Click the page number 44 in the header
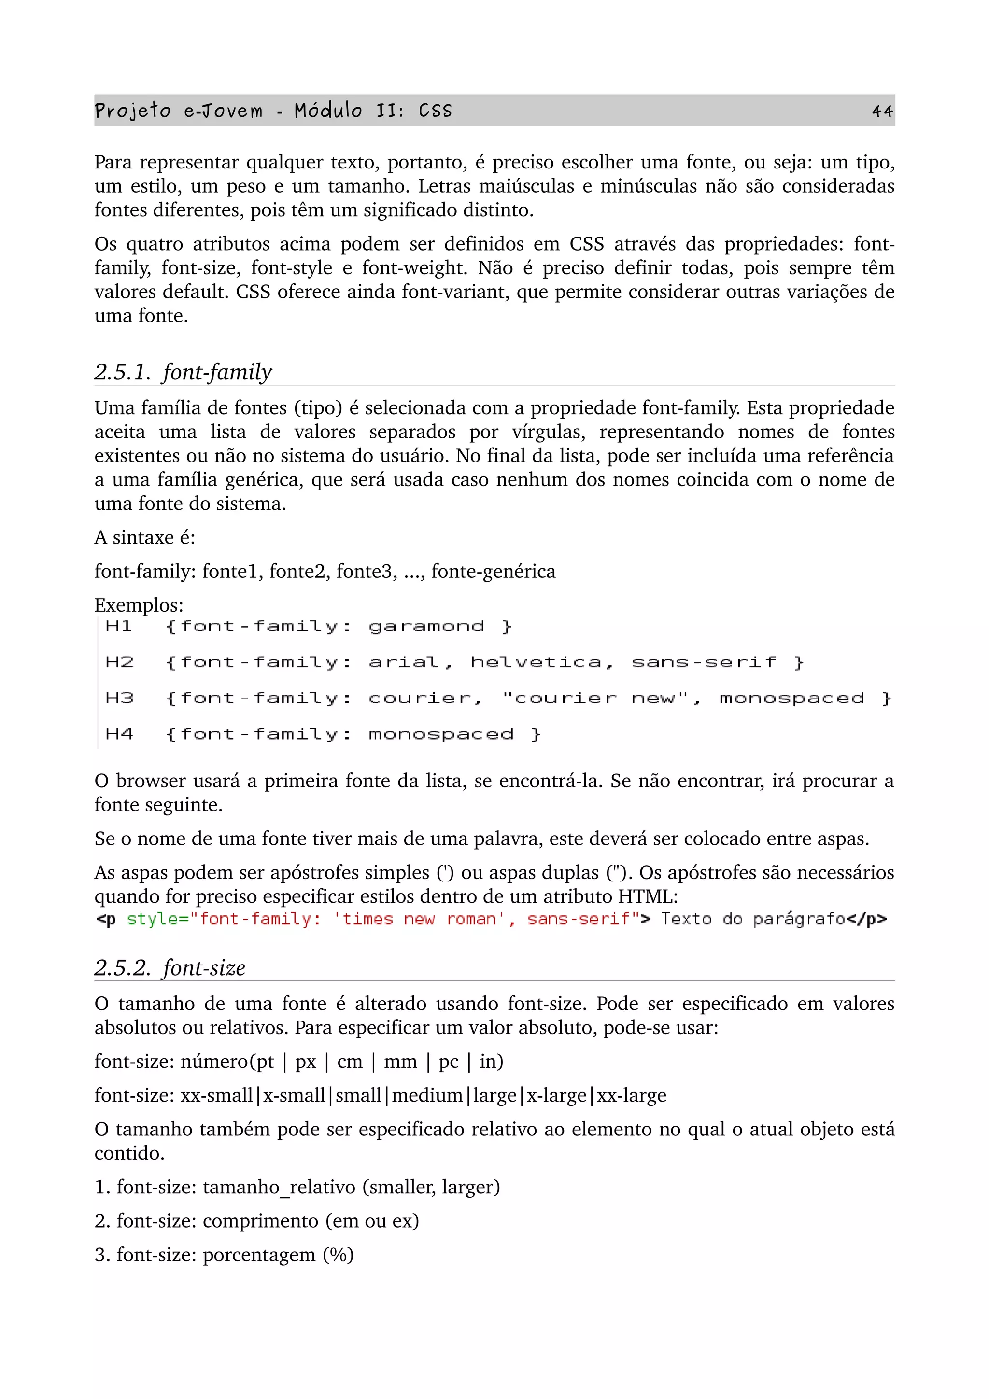(x=882, y=111)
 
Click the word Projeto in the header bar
(x=132, y=111)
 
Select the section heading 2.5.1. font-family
(x=183, y=372)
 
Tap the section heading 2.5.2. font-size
(x=170, y=967)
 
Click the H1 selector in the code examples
(x=118, y=627)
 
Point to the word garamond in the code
(x=426, y=627)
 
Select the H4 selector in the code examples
(x=119, y=734)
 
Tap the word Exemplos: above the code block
(x=138, y=605)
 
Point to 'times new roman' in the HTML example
(x=419, y=919)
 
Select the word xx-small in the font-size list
(x=216, y=1095)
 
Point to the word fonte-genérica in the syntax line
(x=493, y=572)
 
